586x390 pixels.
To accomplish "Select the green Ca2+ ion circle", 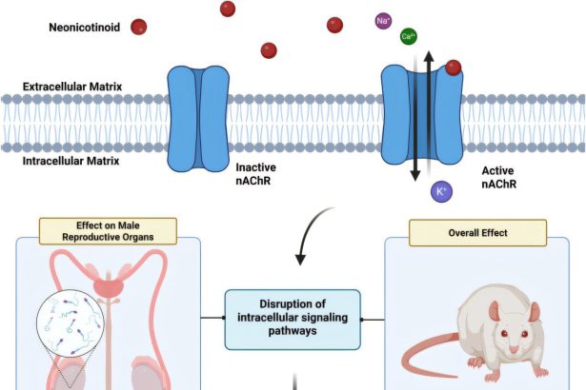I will pyautogui.click(x=409, y=36).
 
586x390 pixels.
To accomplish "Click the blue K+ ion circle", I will pyautogui.click(x=442, y=192).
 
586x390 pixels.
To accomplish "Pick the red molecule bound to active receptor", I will pyautogui.click(x=454, y=68).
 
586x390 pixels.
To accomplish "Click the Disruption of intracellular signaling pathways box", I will pyautogui.click(x=293, y=313).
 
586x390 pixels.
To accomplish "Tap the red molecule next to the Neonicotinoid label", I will pyautogui.click(x=139, y=28).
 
